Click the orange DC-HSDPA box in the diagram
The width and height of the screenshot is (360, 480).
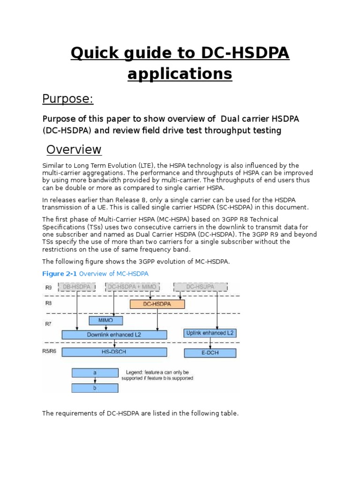157,304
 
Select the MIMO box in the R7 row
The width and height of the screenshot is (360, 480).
105,321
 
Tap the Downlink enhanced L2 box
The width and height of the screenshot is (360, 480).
114,335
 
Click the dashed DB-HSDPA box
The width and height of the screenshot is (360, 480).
77,287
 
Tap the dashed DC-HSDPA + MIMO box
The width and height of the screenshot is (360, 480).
133,287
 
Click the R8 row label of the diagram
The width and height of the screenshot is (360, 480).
49,303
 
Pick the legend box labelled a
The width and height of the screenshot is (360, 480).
95,373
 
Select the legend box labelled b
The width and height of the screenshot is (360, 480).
95,388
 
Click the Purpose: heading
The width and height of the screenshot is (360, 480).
68,99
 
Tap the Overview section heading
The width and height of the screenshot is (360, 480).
74,150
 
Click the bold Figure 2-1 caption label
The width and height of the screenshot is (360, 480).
59,273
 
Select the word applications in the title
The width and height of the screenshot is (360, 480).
180,74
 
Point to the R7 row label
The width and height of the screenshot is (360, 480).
48,323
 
